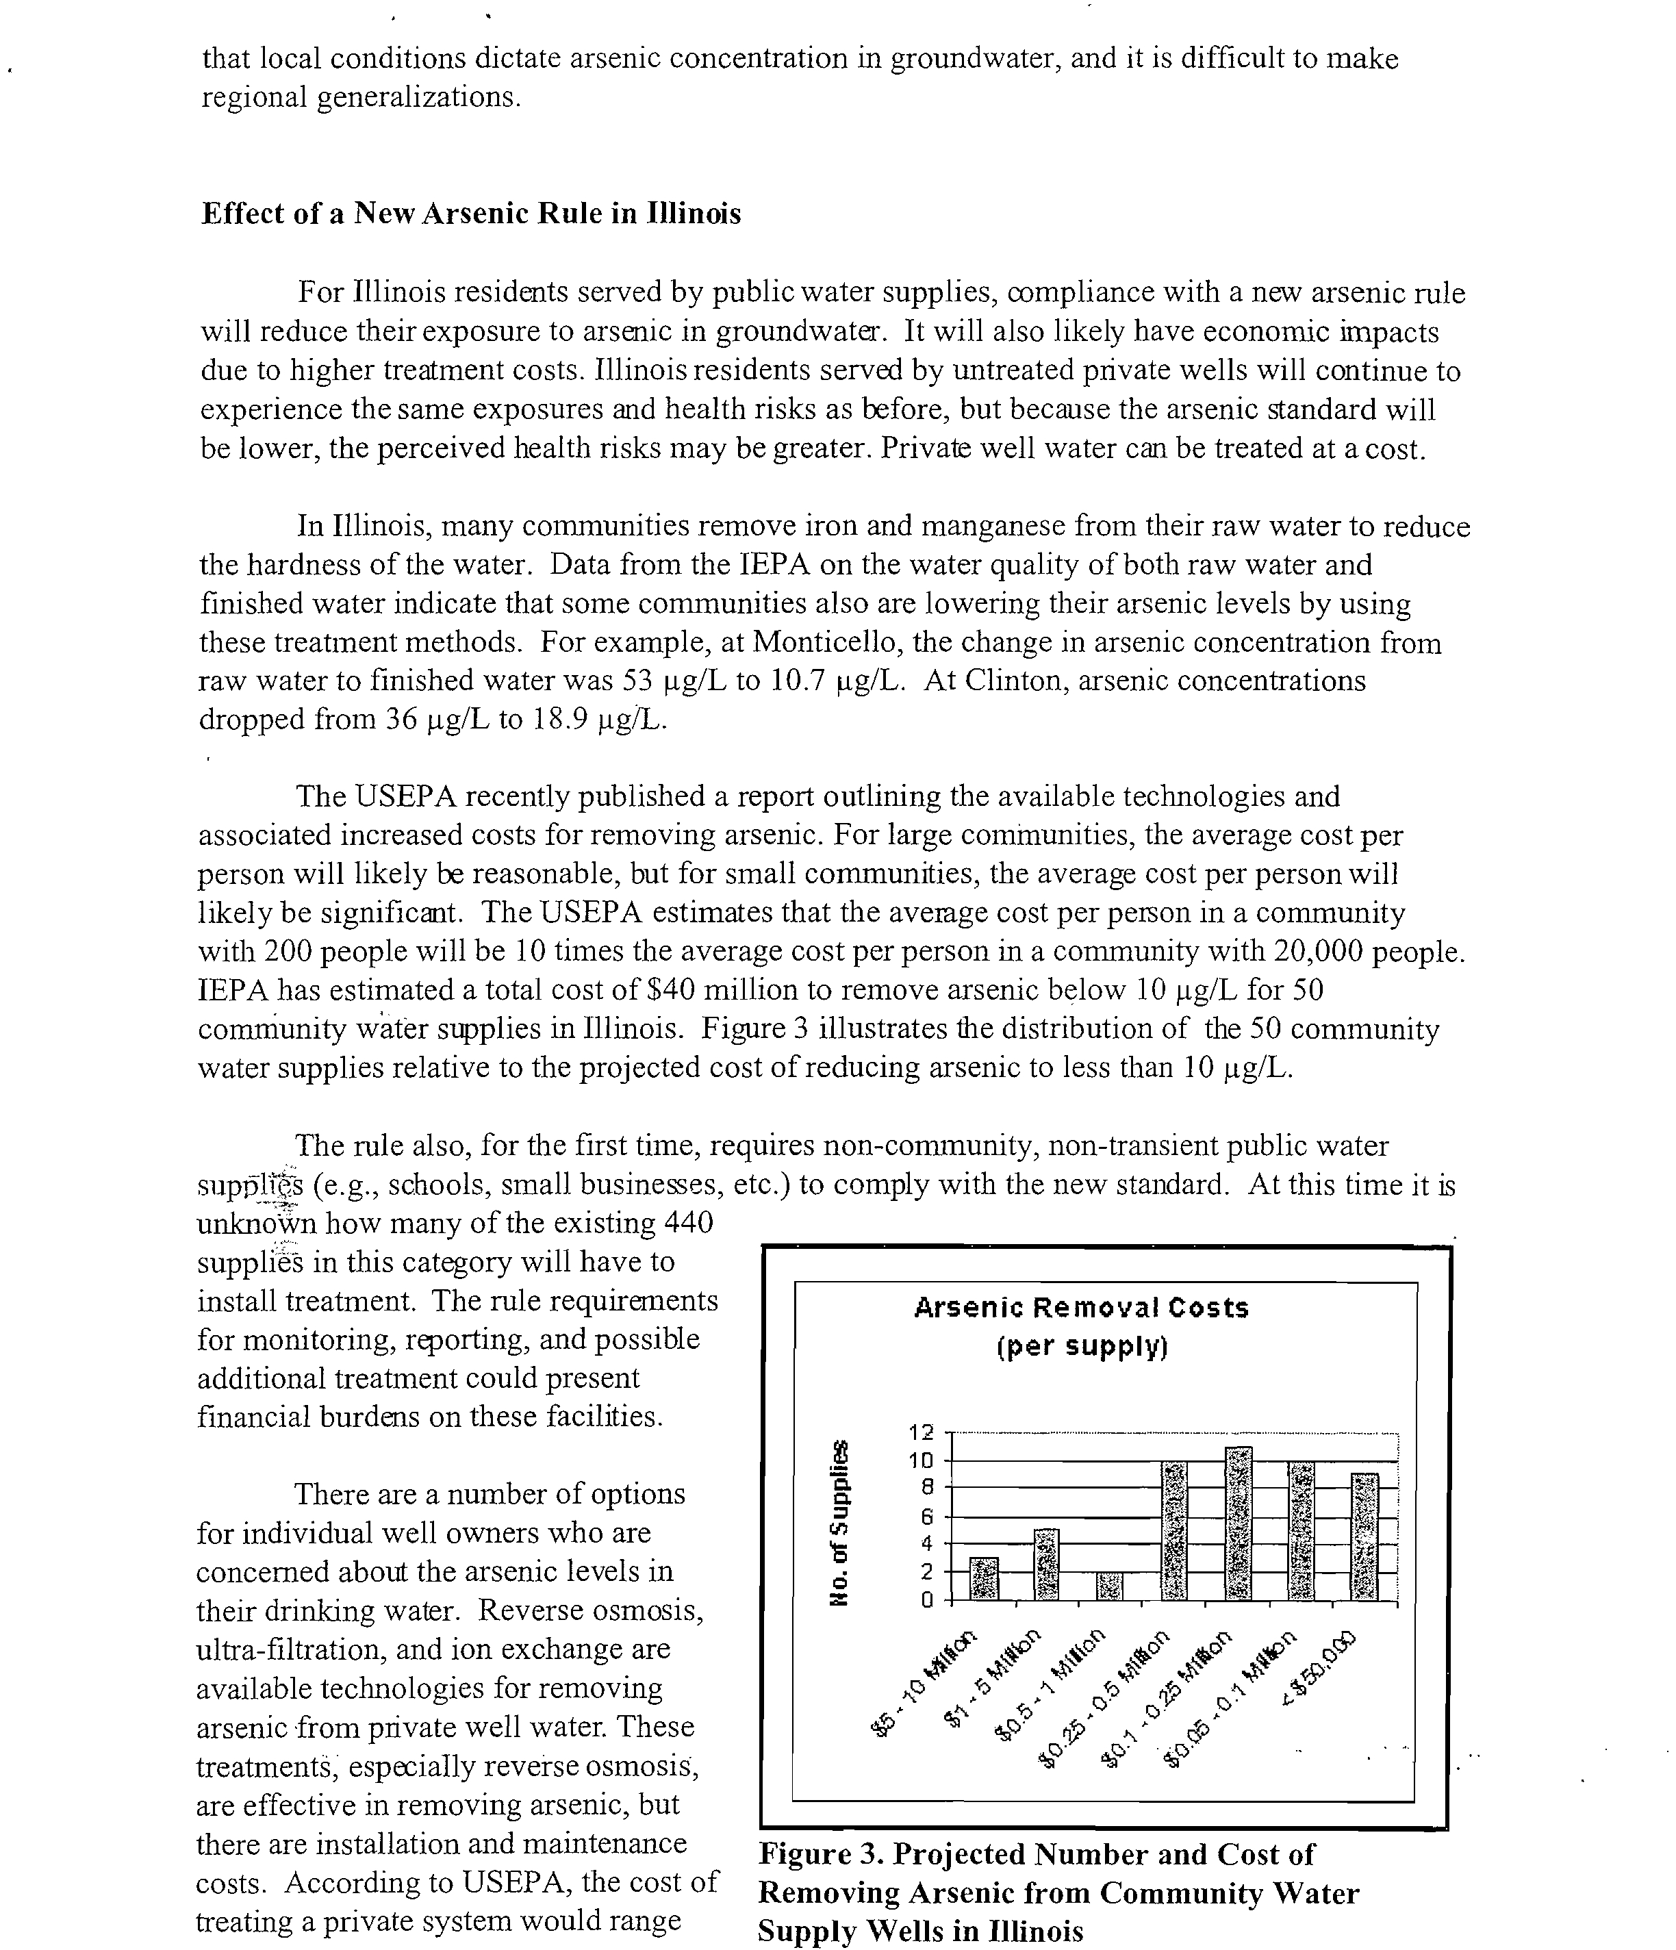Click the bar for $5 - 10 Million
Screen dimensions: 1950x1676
point(983,1578)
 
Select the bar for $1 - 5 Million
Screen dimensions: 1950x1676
point(1046,1564)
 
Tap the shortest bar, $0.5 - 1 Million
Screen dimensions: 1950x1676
point(1110,1586)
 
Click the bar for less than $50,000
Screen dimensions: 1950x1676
point(1364,1537)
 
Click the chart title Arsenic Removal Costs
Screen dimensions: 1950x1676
point(1081,1308)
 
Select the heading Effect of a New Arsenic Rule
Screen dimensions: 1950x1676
point(470,214)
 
